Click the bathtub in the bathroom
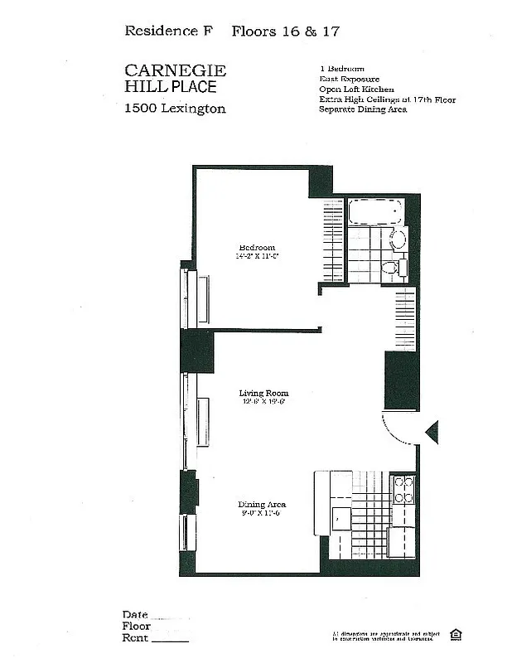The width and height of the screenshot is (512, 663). (375, 212)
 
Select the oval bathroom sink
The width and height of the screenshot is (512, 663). (397, 240)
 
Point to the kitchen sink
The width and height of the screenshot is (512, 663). (341, 517)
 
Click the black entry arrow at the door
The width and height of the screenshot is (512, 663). (431, 432)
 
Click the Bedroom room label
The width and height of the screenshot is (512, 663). (257, 247)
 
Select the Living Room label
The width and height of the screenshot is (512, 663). (263, 393)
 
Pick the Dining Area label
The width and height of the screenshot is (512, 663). (262, 505)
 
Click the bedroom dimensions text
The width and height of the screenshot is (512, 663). (257, 257)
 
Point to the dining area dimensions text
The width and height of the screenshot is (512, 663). (262, 514)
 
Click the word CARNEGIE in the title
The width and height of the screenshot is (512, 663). (175, 70)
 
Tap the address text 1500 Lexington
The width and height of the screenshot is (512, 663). (175, 109)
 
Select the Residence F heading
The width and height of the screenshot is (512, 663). (168, 31)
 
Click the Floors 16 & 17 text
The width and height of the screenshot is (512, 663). (286, 31)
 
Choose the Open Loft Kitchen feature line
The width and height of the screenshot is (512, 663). (356, 90)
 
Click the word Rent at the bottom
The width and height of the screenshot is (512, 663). (135, 638)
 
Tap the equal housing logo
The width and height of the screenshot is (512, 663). (456, 635)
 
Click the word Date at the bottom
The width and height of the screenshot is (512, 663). (135, 615)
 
